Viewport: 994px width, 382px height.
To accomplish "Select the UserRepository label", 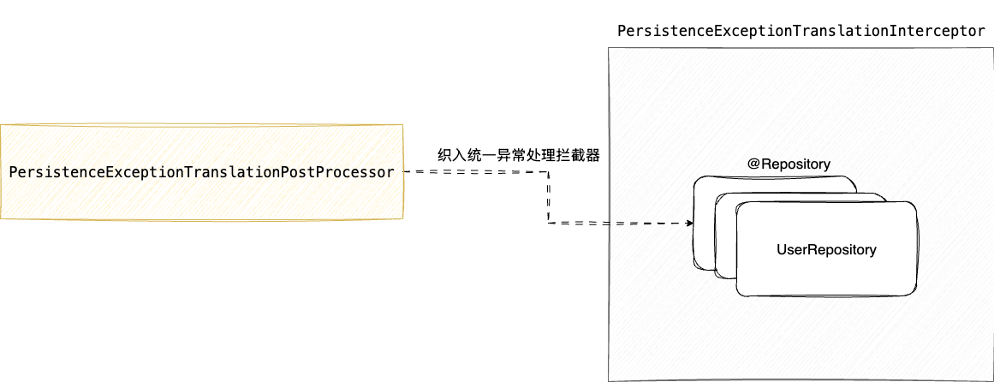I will (x=826, y=250).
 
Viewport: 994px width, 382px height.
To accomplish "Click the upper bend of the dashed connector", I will (x=548, y=172).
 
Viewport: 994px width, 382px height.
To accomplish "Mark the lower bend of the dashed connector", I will (x=549, y=224).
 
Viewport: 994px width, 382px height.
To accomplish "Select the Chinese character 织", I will (x=444, y=156).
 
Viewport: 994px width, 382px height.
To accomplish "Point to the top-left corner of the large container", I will (x=609, y=48).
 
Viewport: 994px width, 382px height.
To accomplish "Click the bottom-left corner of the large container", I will (x=609, y=380).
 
